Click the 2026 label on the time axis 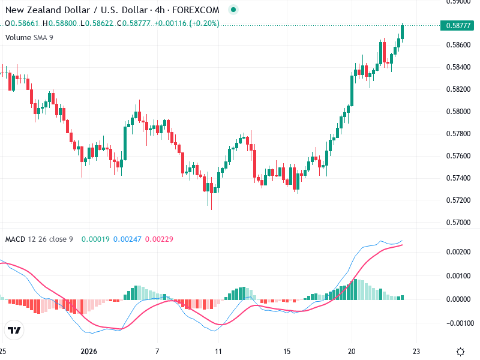[89, 351]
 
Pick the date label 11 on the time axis [218, 351]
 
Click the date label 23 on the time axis [418, 351]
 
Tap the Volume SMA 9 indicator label [29, 37]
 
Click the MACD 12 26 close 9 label [39, 239]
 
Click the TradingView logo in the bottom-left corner [14, 330]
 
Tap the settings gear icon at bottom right [461, 352]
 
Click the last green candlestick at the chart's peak [402, 32]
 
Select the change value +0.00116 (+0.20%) [187, 23]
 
